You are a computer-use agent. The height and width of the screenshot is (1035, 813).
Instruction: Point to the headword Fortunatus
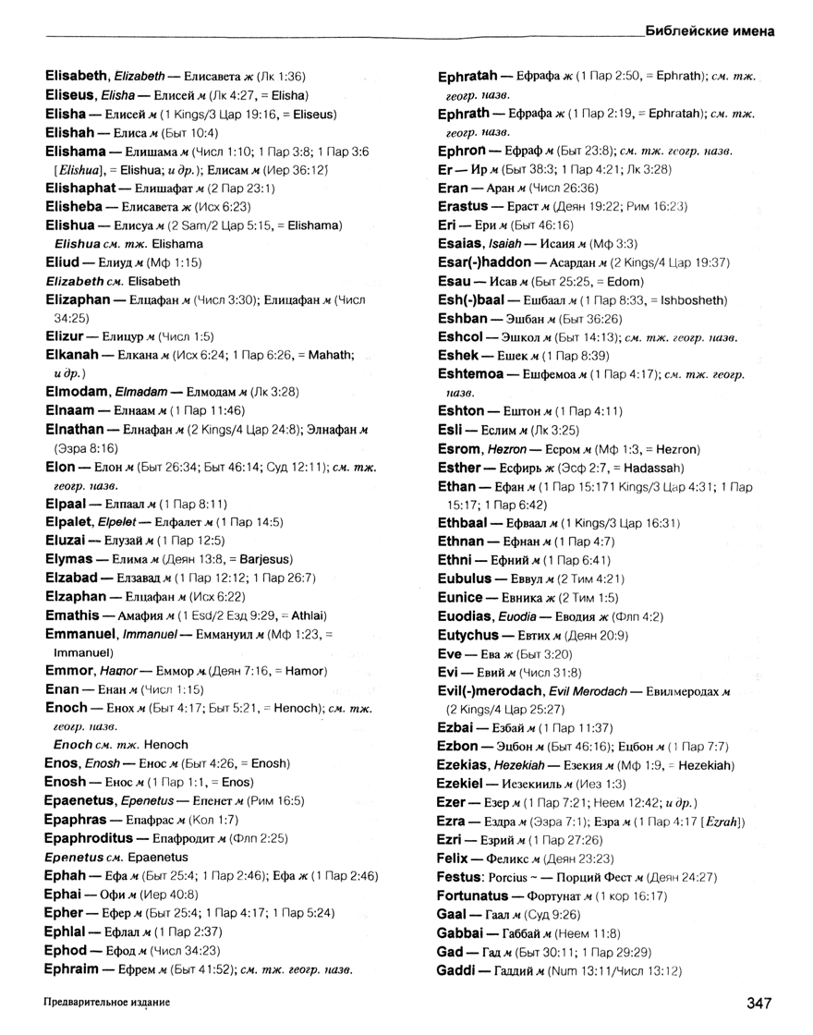(475, 895)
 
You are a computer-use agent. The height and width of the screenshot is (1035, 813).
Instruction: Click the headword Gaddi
(455, 970)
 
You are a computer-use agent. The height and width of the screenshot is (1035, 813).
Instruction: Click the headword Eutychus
(468, 635)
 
